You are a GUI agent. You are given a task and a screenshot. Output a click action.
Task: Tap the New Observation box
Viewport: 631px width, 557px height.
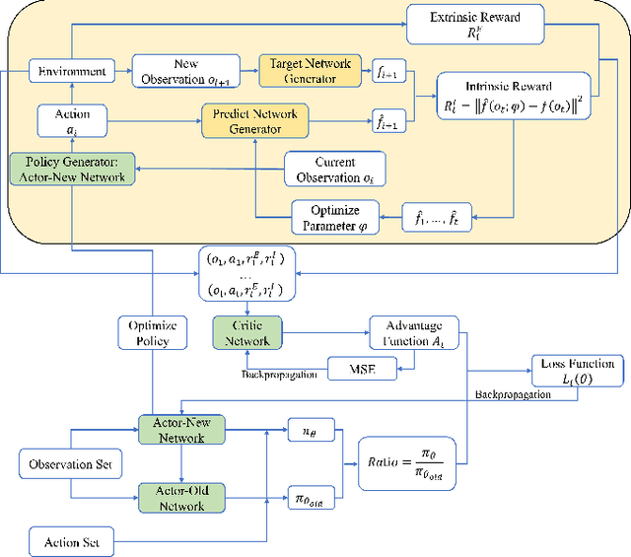pyautogui.click(x=185, y=71)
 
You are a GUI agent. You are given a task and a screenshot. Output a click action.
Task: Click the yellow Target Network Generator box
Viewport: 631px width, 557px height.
pyautogui.click(x=304, y=71)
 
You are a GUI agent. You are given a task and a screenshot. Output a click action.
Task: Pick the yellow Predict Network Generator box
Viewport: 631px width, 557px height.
pyautogui.click(x=254, y=121)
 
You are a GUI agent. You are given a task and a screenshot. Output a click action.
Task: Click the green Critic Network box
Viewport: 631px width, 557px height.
pyautogui.click(x=248, y=331)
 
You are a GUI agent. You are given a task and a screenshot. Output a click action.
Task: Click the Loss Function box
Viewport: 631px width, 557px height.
pyautogui.click(x=578, y=372)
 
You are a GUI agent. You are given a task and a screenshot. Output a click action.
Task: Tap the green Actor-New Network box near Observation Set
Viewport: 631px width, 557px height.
pyautogui.click(x=183, y=429)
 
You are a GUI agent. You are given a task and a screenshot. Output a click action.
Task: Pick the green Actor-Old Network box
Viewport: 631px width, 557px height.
pyautogui.click(x=183, y=497)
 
